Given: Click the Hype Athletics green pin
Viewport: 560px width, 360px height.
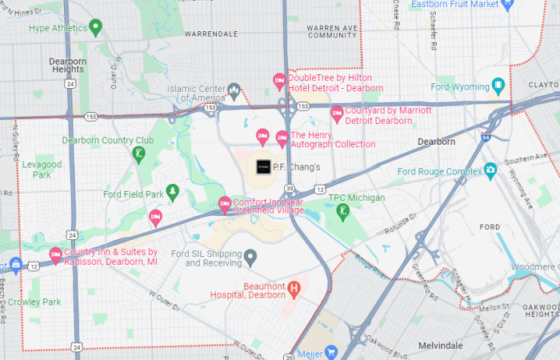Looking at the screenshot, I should click(96, 28).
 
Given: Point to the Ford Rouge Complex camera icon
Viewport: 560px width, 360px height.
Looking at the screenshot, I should click(490, 170).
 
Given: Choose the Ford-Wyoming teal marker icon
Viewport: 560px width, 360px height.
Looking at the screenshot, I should click(498, 86).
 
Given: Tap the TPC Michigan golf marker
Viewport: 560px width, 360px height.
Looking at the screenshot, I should click(343, 211).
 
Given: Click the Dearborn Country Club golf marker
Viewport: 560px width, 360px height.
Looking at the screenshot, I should click(138, 153).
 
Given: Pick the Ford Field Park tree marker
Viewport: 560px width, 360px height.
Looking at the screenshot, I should click(171, 193).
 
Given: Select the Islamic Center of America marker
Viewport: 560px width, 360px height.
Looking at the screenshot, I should click(234, 90).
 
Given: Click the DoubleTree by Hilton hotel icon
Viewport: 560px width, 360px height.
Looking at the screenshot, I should click(279, 82).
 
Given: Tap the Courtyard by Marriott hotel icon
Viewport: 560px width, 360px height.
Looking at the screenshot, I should click(337, 114).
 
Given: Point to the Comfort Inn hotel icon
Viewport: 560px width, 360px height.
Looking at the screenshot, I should click(225, 203).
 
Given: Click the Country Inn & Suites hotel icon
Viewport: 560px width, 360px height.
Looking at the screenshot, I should click(55, 254).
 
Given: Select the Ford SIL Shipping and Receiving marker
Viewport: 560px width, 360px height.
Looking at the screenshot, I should click(250, 258).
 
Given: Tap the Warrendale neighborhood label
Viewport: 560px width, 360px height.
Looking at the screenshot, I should click(211, 34).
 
